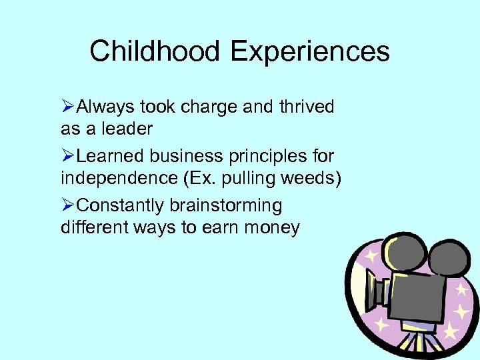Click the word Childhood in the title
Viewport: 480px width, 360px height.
tap(153, 51)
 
